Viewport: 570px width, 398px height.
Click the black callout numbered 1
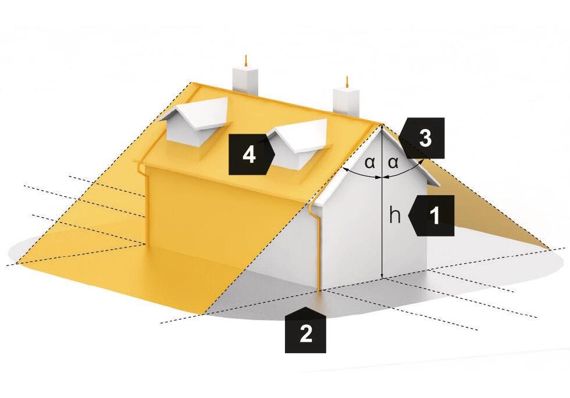click(x=432, y=216)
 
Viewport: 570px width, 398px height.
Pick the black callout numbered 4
click(x=251, y=155)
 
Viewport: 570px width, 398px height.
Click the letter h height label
click(x=395, y=216)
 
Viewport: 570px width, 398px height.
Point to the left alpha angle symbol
click(x=370, y=163)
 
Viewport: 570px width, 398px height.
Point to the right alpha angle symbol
click(x=393, y=163)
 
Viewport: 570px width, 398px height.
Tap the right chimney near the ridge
click(x=346, y=101)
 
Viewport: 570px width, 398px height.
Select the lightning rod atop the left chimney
click(x=246, y=61)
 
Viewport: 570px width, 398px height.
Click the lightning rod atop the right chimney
click(x=347, y=82)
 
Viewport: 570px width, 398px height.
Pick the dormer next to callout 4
click(x=300, y=143)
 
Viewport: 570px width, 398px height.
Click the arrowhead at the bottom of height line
click(x=382, y=276)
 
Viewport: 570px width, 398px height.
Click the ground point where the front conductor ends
click(x=319, y=291)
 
